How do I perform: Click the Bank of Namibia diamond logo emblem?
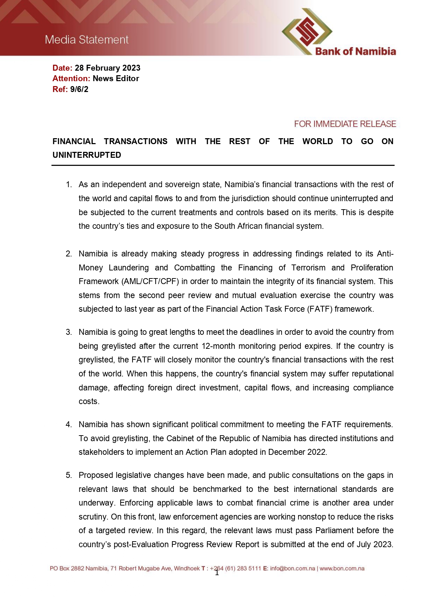[x=307, y=31]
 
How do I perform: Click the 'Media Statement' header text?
[x=87, y=40]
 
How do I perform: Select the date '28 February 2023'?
[x=107, y=68]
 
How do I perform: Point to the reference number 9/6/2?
[x=79, y=89]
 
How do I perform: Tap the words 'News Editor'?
[x=116, y=78]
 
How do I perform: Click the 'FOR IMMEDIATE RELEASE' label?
[x=345, y=124]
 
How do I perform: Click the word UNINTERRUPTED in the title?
[x=87, y=155]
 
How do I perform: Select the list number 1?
[x=69, y=184]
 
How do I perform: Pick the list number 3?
[x=69, y=332]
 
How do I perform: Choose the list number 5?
[x=69, y=475]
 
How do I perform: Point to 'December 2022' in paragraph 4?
[x=297, y=452]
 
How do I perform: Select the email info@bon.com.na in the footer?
[x=292, y=569]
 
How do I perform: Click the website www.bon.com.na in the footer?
[x=342, y=569]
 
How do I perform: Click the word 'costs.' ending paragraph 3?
[x=89, y=401]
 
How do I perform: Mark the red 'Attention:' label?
[x=71, y=78]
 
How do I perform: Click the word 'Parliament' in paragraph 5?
[x=335, y=530]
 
